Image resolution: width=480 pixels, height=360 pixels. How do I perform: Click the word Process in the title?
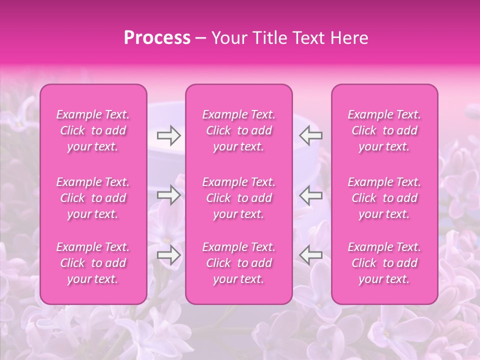157,38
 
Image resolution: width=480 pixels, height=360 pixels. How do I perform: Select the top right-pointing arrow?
169,135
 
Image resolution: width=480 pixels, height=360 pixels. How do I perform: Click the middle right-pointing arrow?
169,195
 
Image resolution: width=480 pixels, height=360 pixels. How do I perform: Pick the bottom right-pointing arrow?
169,255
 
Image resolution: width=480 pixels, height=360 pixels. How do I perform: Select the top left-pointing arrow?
311,135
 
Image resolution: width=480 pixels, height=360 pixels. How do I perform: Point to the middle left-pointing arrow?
311,195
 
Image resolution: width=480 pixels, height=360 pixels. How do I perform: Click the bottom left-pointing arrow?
311,255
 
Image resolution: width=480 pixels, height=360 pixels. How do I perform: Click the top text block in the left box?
93,130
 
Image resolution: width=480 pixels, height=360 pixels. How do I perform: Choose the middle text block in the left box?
93,198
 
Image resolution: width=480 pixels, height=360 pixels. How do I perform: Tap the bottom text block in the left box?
93,263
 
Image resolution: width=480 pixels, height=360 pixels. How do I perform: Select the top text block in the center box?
239,130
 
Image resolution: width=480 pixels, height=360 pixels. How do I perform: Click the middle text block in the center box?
239,198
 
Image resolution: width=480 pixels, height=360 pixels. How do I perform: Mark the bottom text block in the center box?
239,263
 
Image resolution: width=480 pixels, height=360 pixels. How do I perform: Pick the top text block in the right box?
384,130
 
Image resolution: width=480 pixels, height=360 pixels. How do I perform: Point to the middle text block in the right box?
384,198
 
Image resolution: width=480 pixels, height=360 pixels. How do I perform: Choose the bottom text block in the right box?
384,263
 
